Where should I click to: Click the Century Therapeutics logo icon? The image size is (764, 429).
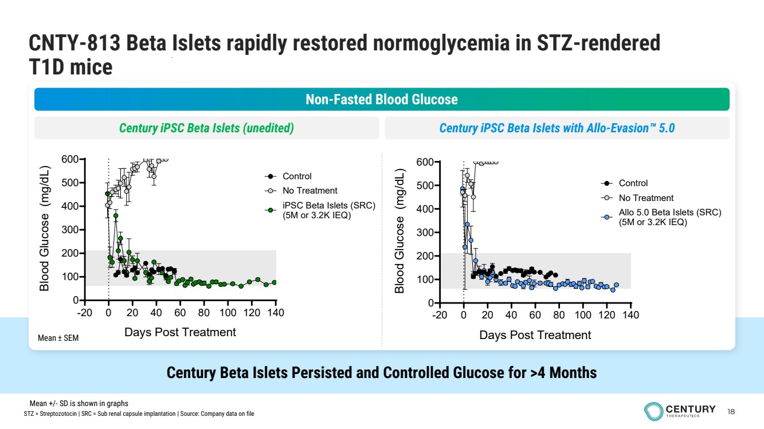coord(653,411)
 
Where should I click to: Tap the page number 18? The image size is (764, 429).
coord(731,411)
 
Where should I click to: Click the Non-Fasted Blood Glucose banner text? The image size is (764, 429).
coord(381,100)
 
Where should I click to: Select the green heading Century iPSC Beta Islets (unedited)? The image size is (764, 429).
coord(206,128)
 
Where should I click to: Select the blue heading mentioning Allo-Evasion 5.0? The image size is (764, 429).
coord(557,128)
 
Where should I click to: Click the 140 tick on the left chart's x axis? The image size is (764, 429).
coord(276,313)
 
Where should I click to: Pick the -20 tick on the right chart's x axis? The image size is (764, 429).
coord(439,316)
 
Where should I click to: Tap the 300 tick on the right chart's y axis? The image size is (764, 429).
coord(425,233)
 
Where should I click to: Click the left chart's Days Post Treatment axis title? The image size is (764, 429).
coord(180,332)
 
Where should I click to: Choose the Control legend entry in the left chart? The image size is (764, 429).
coord(297,176)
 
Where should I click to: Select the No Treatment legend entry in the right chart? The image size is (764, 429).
coord(646,198)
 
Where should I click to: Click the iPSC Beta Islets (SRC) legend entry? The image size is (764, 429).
coord(328,210)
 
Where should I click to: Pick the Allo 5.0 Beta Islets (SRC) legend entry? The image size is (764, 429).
coord(669,217)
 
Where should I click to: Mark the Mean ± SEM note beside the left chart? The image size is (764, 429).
coord(58,339)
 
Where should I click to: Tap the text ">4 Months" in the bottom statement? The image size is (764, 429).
coord(563,373)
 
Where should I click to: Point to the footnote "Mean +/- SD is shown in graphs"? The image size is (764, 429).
coord(79,403)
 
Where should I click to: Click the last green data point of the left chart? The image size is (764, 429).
coord(274,282)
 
